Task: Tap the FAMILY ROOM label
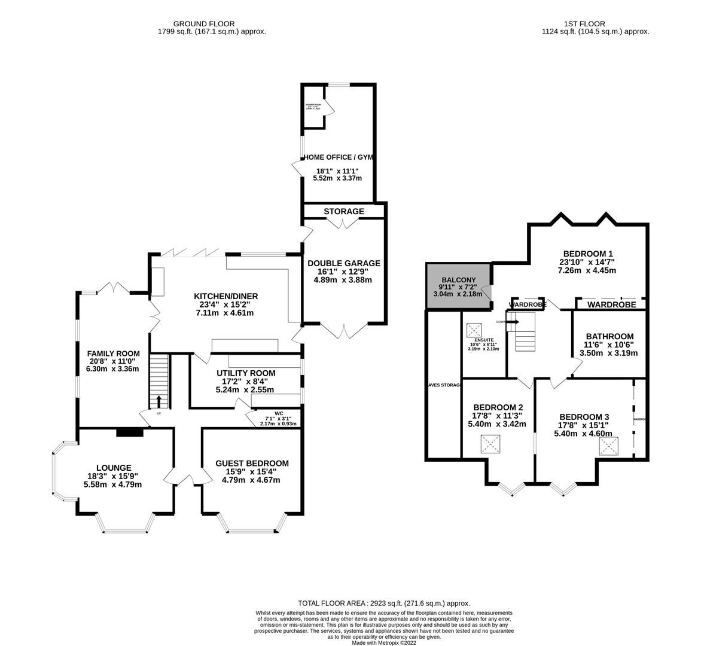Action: (x=114, y=353)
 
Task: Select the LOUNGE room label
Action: (x=114, y=468)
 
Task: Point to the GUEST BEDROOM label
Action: (x=252, y=463)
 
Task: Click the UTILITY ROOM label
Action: (x=245, y=373)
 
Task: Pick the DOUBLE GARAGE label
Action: (x=343, y=263)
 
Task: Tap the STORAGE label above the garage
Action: (x=344, y=212)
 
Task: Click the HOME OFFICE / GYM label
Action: (x=338, y=157)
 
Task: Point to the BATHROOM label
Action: (x=609, y=336)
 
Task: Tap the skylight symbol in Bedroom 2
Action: (x=490, y=444)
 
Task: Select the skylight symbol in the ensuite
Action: (x=475, y=330)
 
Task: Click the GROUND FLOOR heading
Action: (x=208, y=24)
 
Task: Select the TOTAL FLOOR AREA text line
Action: (x=383, y=604)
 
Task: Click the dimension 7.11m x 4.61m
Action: (x=225, y=313)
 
